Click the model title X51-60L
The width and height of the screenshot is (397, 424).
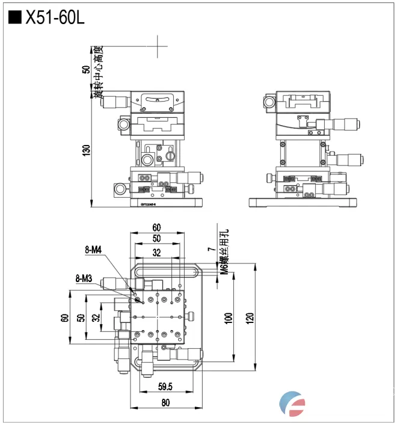(54, 18)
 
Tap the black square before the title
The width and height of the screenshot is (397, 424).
(14, 18)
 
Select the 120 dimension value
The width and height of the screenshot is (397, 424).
(250, 317)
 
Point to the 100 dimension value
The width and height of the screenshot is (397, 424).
(228, 317)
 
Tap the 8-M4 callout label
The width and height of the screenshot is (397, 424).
(94, 249)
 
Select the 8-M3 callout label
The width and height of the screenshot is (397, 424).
(84, 278)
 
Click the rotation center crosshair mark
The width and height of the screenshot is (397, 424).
(158, 46)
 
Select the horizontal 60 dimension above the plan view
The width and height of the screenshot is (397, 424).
(156, 227)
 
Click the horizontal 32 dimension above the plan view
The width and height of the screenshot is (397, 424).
(156, 253)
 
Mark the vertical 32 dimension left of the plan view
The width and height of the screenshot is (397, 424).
(94, 317)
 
